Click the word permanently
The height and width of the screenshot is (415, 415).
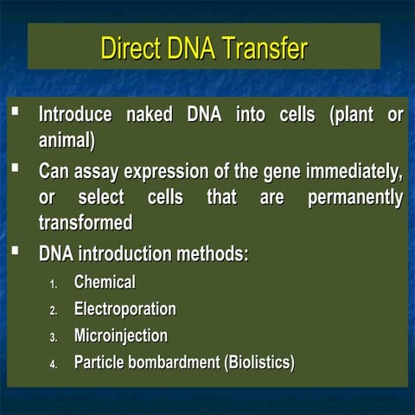[355, 197]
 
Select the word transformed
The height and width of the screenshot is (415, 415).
[86, 222]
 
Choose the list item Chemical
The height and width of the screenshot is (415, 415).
[105, 282]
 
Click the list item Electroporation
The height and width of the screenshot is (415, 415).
[124, 309]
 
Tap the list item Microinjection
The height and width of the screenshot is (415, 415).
[120, 335]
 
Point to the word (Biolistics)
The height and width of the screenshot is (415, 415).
[259, 362]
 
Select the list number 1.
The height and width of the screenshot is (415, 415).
[53, 284]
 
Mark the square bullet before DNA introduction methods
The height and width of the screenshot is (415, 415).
[16, 252]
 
